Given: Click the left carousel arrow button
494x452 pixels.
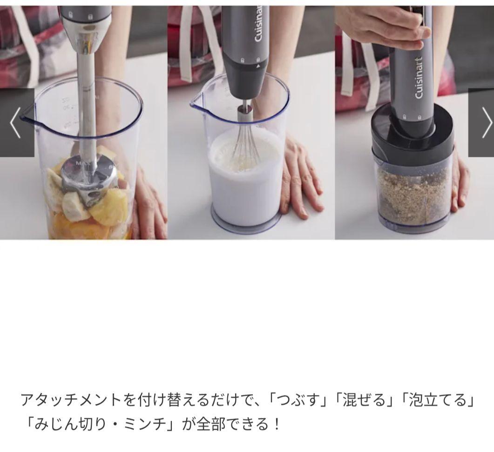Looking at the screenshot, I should pyautogui.click(x=16, y=122).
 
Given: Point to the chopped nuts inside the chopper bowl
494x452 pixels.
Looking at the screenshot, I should pyautogui.click(x=412, y=196).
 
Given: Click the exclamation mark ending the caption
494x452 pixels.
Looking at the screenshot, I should pyautogui.click(x=277, y=424).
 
